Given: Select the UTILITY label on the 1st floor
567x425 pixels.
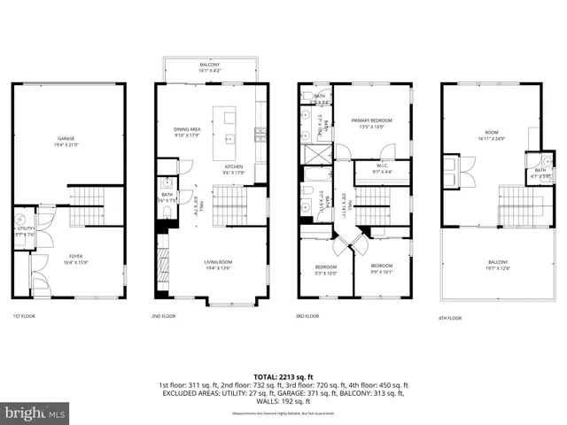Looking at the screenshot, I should [x=25, y=229].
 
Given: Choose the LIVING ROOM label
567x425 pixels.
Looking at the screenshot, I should [x=218, y=264].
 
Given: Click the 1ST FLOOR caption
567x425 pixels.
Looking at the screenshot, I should [x=24, y=316].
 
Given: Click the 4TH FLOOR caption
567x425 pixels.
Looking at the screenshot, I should [x=450, y=317].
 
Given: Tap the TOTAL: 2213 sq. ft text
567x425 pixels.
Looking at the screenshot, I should [x=283, y=376].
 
